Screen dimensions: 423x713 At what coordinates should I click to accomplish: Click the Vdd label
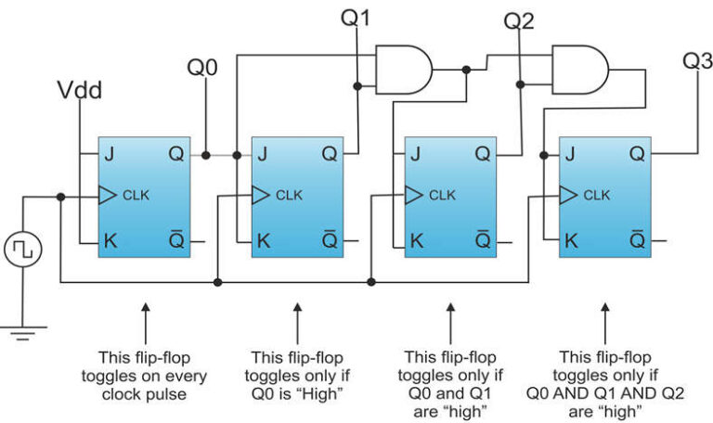tap(80, 90)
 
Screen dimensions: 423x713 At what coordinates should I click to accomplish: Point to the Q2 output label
tap(518, 20)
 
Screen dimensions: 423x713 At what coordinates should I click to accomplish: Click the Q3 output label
tap(697, 61)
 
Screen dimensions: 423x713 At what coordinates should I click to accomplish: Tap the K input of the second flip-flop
tap(264, 240)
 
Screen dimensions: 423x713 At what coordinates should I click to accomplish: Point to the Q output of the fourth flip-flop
tap(637, 155)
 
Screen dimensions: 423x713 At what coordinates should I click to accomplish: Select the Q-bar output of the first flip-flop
tap(176, 240)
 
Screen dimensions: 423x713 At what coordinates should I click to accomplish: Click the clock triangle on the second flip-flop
tap(260, 195)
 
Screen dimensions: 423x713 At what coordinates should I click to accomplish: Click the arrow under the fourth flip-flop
tap(605, 321)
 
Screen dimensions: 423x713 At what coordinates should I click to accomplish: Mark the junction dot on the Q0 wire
tap(203, 155)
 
